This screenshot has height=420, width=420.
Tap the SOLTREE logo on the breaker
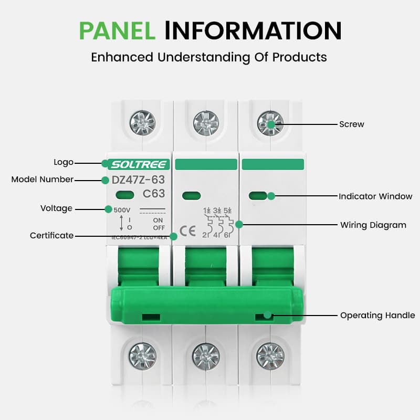click(140, 164)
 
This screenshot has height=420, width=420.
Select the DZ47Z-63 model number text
click(139, 180)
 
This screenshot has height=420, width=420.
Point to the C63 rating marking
click(154, 194)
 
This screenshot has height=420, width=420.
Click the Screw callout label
click(351, 124)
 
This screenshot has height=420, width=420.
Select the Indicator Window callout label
click(375, 196)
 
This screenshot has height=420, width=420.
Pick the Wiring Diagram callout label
click(373, 225)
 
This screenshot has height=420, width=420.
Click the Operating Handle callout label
click(377, 316)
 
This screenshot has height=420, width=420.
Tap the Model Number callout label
click(43, 180)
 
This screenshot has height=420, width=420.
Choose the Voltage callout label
click(56, 208)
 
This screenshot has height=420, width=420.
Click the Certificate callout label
click(51, 236)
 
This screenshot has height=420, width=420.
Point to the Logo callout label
click(64, 162)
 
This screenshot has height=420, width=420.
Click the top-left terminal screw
click(142, 123)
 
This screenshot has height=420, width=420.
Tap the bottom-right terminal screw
click(270, 355)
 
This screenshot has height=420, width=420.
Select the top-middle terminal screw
click(206, 123)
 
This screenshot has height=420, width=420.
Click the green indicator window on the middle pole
click(191, 196)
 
